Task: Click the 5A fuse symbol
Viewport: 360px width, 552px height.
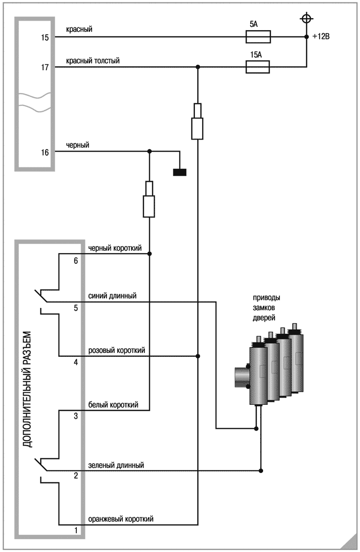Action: (x=258, y=37)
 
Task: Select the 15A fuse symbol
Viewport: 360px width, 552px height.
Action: (x=258, y=67)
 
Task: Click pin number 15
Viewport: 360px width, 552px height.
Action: (x=45, y=37)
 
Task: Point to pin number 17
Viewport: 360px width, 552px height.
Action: (x=45, y=68)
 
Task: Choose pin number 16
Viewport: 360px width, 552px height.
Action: (x=45, y=153)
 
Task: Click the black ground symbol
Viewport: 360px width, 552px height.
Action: (x=180, y=172)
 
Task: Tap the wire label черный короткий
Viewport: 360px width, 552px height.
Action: (x=114, y=248)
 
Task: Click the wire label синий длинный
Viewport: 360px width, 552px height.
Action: (x=112, y=295)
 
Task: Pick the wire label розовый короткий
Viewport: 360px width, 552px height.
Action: (x=116, y=351)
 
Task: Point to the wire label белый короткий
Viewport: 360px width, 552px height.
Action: (x=113, y=405)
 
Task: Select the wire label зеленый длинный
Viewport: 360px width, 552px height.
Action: (x=116, y=465)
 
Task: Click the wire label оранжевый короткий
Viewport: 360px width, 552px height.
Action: (x=120, y=519)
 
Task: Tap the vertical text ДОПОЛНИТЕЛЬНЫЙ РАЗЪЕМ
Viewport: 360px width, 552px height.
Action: (x=28, y=388)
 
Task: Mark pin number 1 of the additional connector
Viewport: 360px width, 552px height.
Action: (x=75, y=530)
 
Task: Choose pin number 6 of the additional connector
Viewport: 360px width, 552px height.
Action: (x=75, y=261)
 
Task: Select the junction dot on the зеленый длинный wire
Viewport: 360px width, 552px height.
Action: (x=261, y=470)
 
